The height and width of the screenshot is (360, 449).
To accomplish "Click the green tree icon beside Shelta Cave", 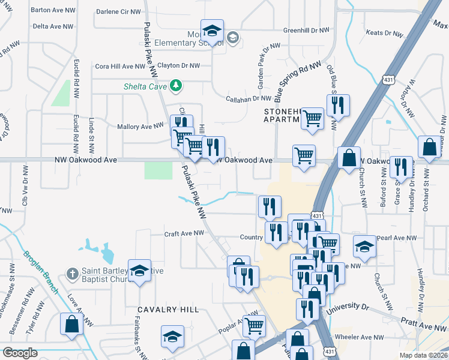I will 176,86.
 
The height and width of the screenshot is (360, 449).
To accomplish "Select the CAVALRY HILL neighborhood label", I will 167,309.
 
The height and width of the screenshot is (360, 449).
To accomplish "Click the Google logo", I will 20,353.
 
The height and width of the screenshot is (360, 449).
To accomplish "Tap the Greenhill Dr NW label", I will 306,30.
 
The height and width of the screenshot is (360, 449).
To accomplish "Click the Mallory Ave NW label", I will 141,127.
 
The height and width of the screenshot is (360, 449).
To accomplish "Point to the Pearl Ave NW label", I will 396,238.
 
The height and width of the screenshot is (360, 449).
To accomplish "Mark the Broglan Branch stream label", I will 41,272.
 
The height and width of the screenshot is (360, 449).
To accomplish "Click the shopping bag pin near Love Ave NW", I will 71,324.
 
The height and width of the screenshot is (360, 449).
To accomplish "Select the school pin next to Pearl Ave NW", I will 364,246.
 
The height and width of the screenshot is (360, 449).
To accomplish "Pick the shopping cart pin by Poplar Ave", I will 254,326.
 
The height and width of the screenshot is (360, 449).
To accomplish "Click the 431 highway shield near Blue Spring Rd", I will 389,79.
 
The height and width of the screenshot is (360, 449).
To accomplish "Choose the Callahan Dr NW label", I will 249,98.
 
